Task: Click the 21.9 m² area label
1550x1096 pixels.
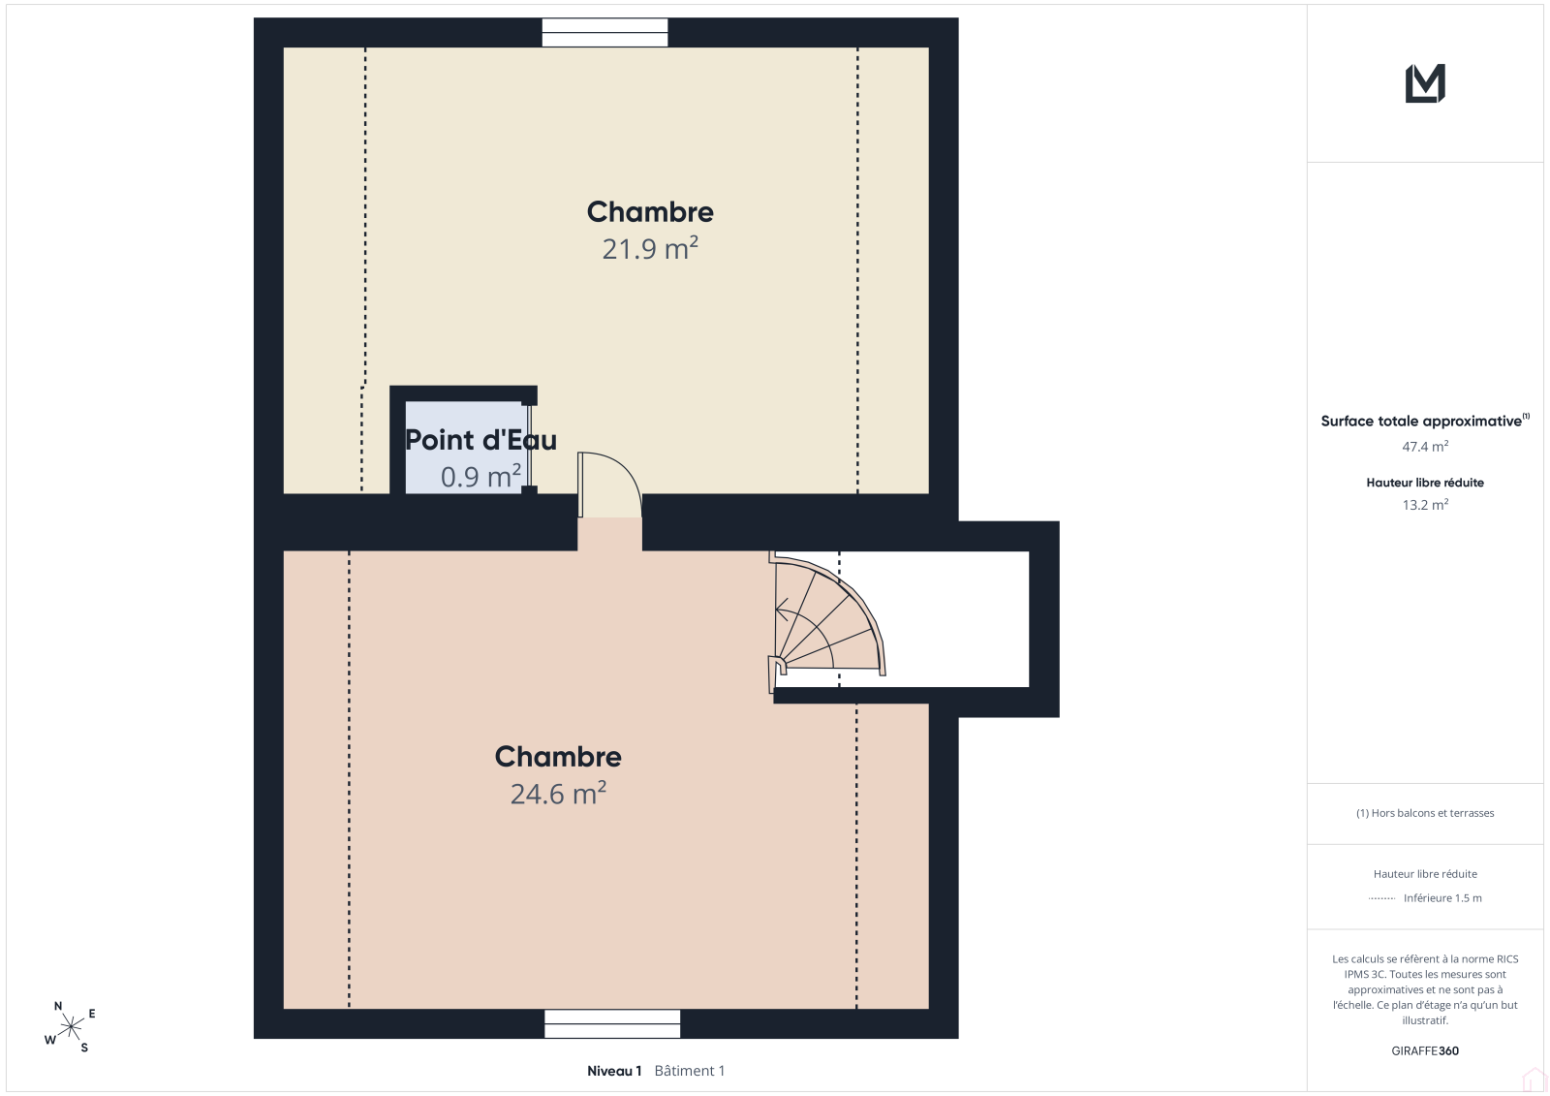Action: coord(650,248)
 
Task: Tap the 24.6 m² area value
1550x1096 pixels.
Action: coord(558,794)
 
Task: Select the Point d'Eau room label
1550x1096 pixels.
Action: coord(480,440)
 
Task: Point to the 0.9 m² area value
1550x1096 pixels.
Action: coord(480,477)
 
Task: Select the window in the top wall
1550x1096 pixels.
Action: coord(604,33)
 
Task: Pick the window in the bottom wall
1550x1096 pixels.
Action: coord(612,1023)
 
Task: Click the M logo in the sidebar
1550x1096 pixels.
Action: coord(1425,83)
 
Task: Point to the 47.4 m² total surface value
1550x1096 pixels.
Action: coord(1425,447)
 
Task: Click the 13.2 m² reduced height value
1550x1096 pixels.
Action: coord(1425,505)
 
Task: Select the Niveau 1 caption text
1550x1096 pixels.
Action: coord(614,1071)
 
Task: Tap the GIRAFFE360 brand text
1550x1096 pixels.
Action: coord(1425,1050)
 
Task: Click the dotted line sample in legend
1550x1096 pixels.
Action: coord(1381,898)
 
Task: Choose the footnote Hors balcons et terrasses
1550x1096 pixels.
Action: coord(1425,813)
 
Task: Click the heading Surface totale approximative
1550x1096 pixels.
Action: coord(1421,421)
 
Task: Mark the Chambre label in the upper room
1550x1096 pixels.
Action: coord(650,212)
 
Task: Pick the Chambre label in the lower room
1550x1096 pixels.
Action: coord(558,757)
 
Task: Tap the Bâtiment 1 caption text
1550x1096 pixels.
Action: coord(690,1071)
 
